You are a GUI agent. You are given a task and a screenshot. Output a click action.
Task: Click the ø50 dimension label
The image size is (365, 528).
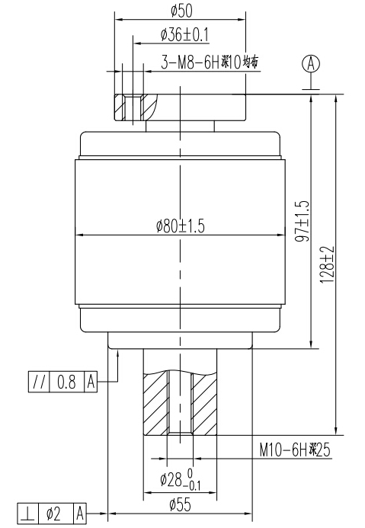pyautogui.click(x=181, y=11)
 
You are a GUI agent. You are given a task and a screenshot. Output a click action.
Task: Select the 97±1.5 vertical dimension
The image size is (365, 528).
pyautogui.click(x=301, y=221)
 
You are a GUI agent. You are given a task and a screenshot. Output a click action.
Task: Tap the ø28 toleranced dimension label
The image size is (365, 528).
pyautogui.click(x=181, y=480)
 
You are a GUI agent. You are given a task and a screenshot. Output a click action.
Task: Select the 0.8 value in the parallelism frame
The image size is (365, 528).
pyautogui.click(x=67, y=382)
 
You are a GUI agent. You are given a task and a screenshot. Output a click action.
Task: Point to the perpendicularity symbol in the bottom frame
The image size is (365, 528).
pyautogui.click(x=26, y=515)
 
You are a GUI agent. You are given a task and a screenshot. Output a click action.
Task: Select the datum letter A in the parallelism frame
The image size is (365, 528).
pyautogui.click(x=91, y=382)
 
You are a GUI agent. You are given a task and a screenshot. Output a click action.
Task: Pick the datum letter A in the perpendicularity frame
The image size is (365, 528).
pyautogui.click(x=79, y=515)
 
